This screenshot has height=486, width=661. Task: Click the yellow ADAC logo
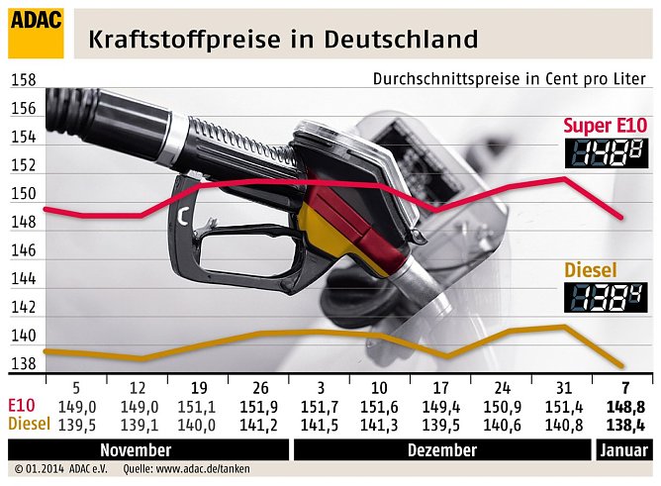pyautogui.click(x=36, y=32)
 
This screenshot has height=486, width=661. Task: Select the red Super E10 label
pyautogui.click(x=605, y=125)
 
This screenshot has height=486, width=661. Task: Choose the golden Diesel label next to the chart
pyautogui.click(x=591, y=269)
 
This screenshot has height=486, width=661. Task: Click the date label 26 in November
pyautogui.click(x=258, y=387)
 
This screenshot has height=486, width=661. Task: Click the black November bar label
pyautogui.click(x=148, y=449)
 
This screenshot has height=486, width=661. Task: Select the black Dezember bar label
pyautogui.click(x=440, y=449)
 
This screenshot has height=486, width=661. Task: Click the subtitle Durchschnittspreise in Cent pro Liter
pyautogui.click(x=510, y=79)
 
